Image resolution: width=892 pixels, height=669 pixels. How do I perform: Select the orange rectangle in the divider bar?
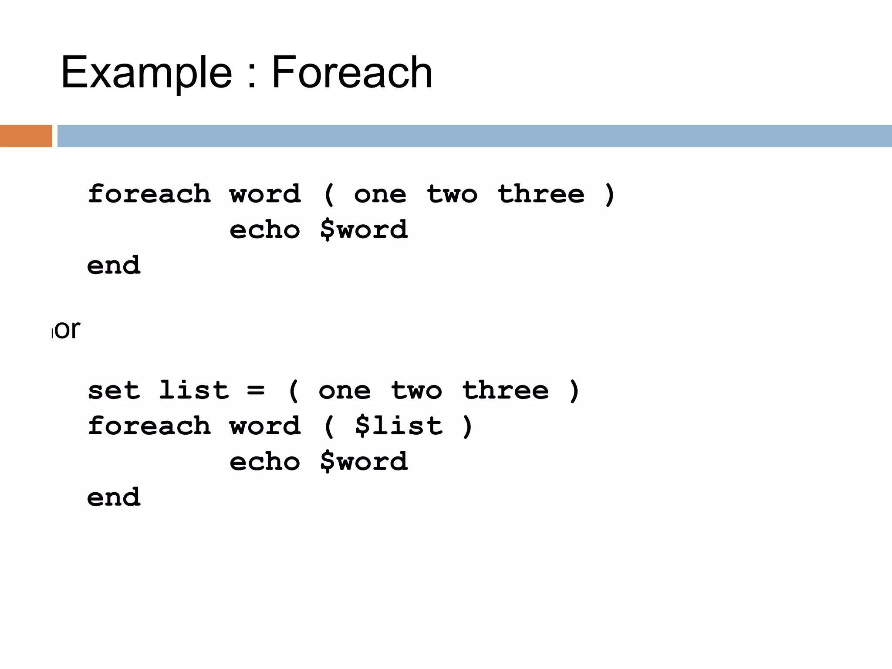[x=26, y=136]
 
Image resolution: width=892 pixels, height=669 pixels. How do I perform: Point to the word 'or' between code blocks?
[x=68, y=329]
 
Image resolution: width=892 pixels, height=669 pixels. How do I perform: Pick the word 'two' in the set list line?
[x=416, y=390]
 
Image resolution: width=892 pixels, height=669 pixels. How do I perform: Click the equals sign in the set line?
[x=256, y=390]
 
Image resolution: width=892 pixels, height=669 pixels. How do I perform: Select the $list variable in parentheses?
[x=399, y=426]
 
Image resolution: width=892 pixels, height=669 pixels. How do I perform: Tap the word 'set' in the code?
[x=114, y=390]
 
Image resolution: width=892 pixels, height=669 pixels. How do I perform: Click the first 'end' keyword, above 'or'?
[x=114, y=265]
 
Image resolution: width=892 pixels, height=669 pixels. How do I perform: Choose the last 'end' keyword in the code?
[x=114, y=497]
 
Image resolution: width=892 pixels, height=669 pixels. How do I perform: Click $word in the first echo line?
[x=364, y=230]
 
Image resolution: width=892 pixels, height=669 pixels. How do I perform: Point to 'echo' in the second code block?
[x=264, y=462]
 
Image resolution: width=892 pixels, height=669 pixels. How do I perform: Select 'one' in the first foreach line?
[x=380, y=194]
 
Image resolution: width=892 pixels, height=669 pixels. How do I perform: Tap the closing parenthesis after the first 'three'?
[x=610, y=194]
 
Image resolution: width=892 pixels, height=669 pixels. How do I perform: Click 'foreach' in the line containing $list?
[x=149, y=426]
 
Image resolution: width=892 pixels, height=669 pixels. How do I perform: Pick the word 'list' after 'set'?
[x=193, y=390]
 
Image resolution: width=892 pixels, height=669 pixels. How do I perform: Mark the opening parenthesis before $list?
[x=329, y=426]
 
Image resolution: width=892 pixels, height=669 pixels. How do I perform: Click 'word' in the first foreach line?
[x=265, y=194]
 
